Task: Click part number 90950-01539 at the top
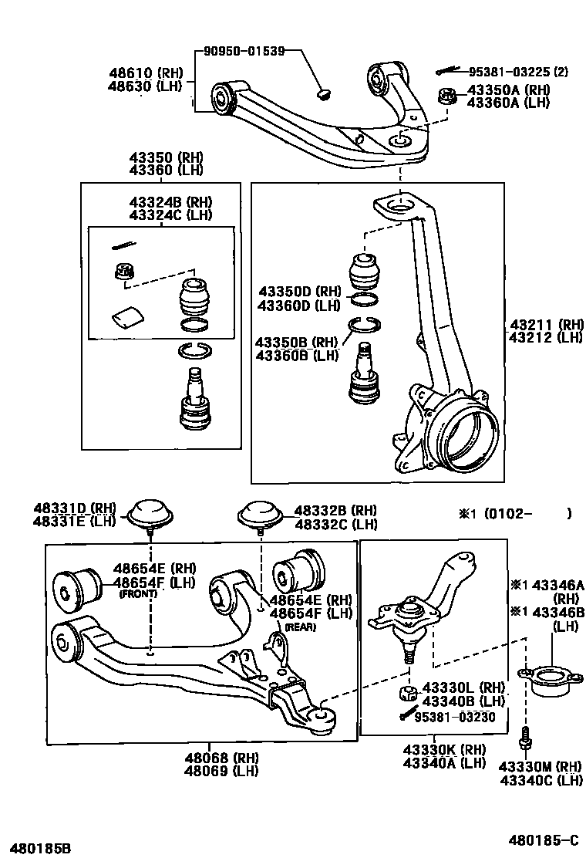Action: [x=244, y=52]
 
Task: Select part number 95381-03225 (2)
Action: [x=518, y=72]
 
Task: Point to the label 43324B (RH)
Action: [x=170, y=202]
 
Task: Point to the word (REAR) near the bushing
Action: [x=301, y=627]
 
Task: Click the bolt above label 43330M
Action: [x=527, y=737]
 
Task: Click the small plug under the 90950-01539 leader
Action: [x=324, y=95]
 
